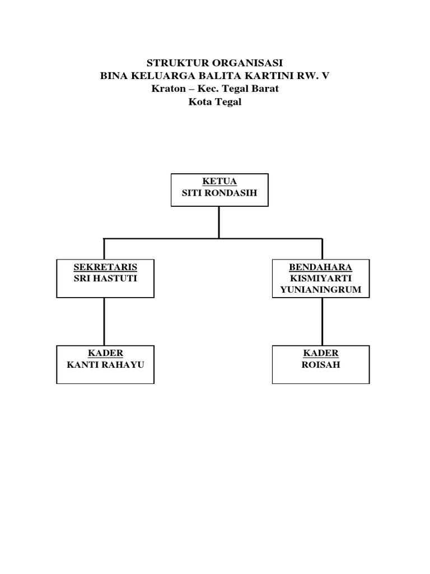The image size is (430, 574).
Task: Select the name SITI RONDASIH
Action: pos(218,194)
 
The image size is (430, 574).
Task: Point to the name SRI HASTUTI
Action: pos(105,279)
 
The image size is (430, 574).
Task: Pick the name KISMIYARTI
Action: pos(321,279)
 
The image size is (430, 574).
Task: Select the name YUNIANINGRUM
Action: pos(321,290)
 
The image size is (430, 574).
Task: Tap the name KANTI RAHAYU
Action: pos(105,364)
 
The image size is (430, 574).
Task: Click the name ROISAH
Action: pos(321,364)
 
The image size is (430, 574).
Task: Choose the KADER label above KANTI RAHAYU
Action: pos(105,353)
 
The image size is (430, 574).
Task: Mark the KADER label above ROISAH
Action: pos(321,353)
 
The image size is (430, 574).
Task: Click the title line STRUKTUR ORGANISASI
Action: pos(215,62)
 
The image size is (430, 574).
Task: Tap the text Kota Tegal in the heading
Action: pos(215,103)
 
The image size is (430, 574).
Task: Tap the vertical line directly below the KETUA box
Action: pos(218,223)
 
